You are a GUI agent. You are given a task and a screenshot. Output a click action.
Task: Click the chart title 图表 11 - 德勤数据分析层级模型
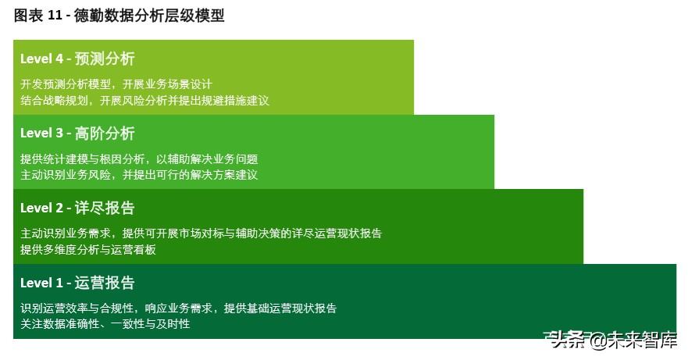(119, 16)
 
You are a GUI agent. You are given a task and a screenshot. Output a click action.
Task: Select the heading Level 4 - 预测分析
(77, 59)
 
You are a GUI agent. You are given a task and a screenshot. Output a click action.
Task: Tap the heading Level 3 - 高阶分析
(77, 133)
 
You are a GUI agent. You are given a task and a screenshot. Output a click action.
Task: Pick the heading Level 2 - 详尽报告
(77, 208)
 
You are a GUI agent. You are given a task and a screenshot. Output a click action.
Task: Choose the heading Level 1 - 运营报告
(77, 283)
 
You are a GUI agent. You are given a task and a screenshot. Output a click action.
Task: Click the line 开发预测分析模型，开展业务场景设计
(116, 84)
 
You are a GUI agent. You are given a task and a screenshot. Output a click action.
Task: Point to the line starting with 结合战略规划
(144, 100)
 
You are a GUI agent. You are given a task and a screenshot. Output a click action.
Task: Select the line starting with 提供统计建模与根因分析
(139, 159)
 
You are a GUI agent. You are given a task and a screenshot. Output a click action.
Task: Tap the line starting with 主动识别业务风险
(139, 175)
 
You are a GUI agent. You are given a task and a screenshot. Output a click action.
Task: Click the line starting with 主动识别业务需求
(201, 233)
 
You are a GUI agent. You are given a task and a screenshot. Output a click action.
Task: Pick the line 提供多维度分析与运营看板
(88, 250)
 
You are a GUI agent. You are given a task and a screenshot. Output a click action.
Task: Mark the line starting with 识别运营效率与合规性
(178, 308)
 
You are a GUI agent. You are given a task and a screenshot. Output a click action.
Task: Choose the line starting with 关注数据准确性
(105, 324)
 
